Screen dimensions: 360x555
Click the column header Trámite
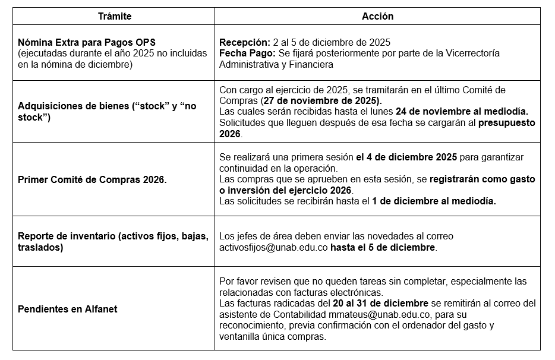[x=115, y=17]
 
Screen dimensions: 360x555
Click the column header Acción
[x=377, y=17]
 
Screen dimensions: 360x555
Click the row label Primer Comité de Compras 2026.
[x=92, y=179]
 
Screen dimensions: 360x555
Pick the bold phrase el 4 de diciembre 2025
[x=406, y=157]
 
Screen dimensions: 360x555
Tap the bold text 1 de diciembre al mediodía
[x=434, y=201]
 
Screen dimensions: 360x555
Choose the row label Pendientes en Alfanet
[x=67, y=309]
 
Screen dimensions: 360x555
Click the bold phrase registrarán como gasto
[x=482, y=179]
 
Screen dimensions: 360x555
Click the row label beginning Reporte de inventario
[x=113, y=236]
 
